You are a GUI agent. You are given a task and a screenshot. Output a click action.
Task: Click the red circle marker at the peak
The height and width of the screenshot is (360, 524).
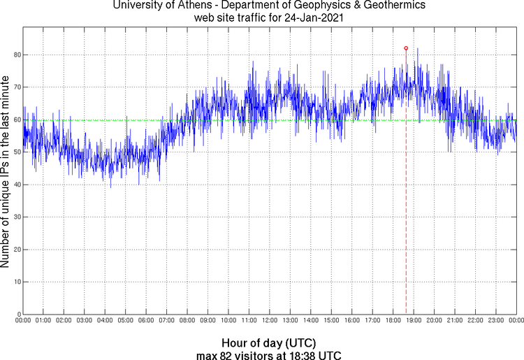(406, 48)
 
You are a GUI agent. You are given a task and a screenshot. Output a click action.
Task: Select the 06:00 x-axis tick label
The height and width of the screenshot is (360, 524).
(146, 320)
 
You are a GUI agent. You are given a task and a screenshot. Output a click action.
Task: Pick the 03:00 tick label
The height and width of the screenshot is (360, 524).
(84, 320)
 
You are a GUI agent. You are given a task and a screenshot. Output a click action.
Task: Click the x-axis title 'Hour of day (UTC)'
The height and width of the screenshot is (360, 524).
(269, 343)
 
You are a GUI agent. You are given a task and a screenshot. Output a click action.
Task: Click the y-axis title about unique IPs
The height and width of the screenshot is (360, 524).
(6, 173)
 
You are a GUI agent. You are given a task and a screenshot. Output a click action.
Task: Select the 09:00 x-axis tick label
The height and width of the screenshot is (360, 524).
(208, 320)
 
